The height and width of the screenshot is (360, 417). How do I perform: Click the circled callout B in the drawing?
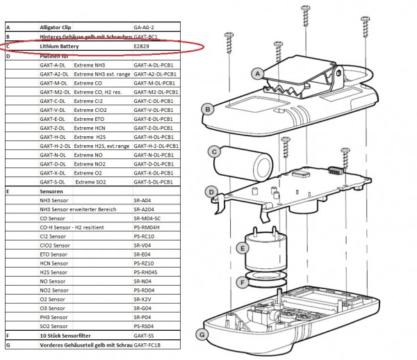point(206,108)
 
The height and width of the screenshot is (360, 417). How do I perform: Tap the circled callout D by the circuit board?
point(211,191)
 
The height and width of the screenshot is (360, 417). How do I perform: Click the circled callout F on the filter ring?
point(241,282)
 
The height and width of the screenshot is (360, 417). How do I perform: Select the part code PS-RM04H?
point(147,227)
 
